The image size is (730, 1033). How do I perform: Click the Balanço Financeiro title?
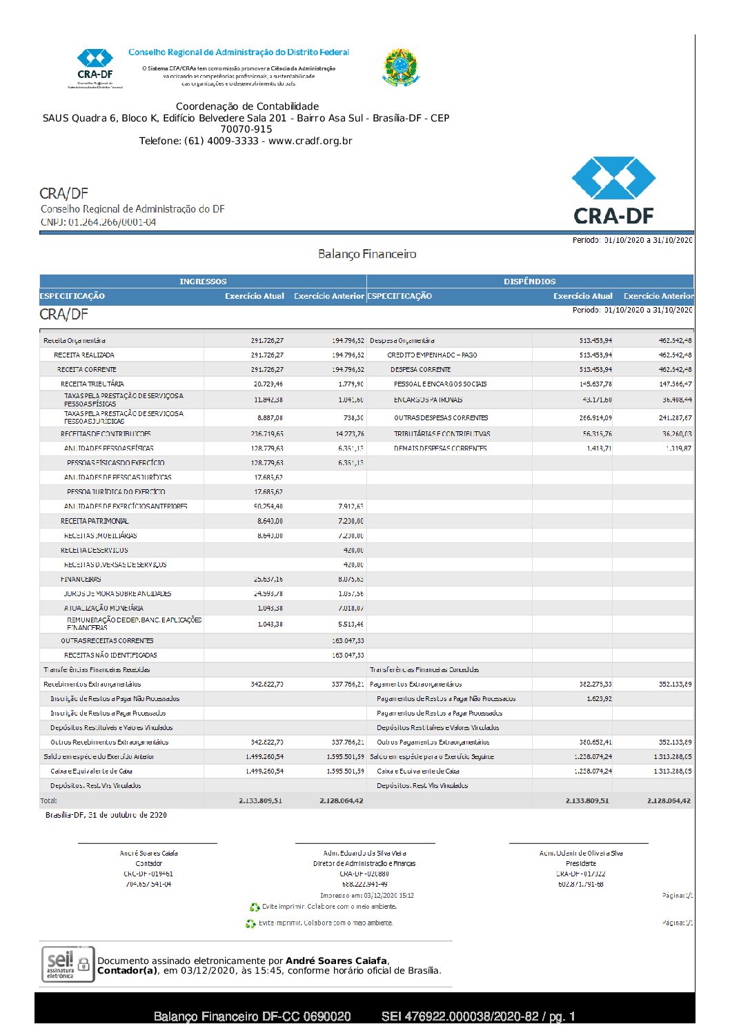[x=367, y=254]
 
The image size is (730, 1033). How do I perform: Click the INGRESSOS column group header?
[x=203, y=282]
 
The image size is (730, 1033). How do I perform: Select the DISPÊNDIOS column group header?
[x=529, y=282]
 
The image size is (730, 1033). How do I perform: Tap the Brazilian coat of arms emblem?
[x=400, y=68]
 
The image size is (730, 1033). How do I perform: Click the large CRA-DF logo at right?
[x=613, y=190]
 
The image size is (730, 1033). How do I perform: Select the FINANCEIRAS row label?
[x=81, y=579]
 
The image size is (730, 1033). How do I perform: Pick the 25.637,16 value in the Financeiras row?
[x=268, y=579]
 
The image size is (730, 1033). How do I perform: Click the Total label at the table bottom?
[x=49, y=800]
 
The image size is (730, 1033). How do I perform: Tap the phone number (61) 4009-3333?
[x=221, y=141]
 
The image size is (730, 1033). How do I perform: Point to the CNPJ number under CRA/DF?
[x=112, y=222]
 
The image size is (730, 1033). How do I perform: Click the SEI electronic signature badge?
[x=67, y=964]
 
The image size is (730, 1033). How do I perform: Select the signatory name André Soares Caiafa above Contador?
[x=148, y=853]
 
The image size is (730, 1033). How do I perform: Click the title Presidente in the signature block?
[x=580, y=863]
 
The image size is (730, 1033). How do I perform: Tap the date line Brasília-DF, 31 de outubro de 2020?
[x=106, y=815]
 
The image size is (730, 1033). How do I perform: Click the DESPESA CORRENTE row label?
[x=420, y=369]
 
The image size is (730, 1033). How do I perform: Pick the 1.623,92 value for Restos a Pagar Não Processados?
[x=598, y=698]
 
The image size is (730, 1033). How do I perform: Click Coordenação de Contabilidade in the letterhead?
[x=247, y=106]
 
